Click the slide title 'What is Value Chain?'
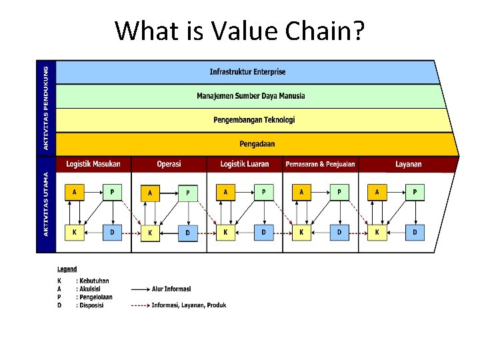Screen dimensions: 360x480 pyautogui.click(x=239, y=30)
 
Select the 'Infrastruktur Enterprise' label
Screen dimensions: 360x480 pyautogui.click(x=247, y=71)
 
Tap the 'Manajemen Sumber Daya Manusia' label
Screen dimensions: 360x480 pyautogui.click(x=251, y=96)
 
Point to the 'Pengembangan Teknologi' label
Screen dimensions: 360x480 pyautogui.click(x=254, y=120)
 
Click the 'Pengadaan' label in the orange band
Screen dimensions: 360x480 pyautogui.click(x=257, y=143)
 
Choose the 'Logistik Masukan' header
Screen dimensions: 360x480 pyautogui.click(x=93, y=164)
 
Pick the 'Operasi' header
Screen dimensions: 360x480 pyautogui.click(x=169, y=164)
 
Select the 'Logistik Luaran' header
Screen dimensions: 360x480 pyautogui.click(x=245, y=164)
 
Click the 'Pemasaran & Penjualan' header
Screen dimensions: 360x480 pyautogui.click(x=320, y=164)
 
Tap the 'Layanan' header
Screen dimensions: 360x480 pyautogui.click(x=408, y=164)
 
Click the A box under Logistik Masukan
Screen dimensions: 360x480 pyautogui.click(x=75, y=192)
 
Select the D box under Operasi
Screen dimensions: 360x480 pyautogui.click(x=188, y=233)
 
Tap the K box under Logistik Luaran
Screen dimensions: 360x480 pyautogui.click(x=226, y=232)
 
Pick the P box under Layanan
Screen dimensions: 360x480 pyautogui.click(x=415, y=192)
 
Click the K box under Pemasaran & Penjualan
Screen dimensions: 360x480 pyautogui.click(x=301, y=232)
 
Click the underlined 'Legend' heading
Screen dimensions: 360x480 pyautogui.click(x=67, y=269)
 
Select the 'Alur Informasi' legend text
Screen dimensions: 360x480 pyautogui.click(x=171, y=289)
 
